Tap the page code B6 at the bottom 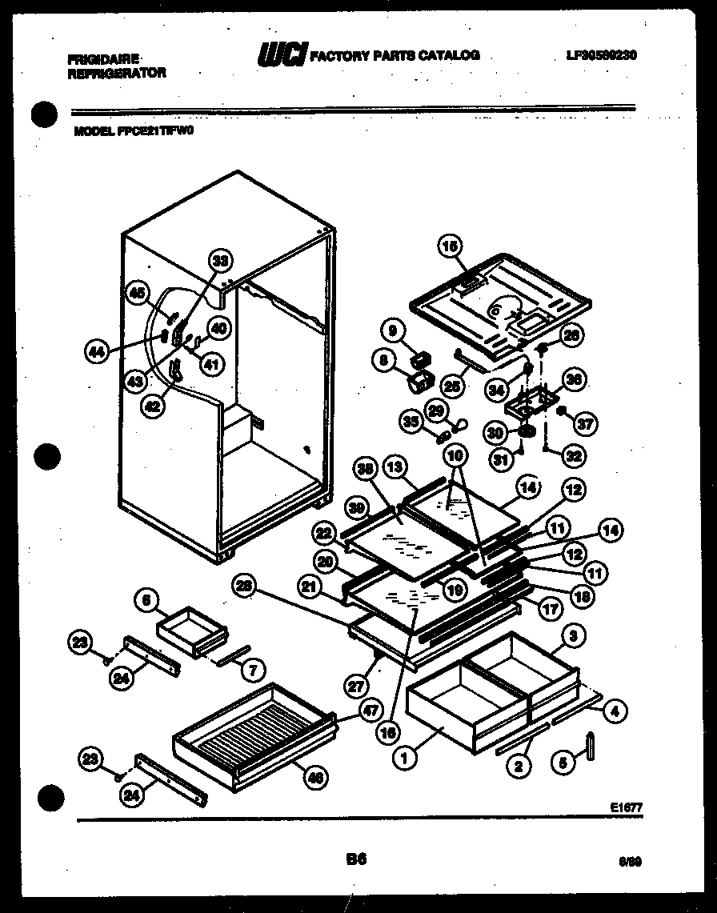point(357,859)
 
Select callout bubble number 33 point(220,260)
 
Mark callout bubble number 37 point(586,424)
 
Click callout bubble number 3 point(572,636)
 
